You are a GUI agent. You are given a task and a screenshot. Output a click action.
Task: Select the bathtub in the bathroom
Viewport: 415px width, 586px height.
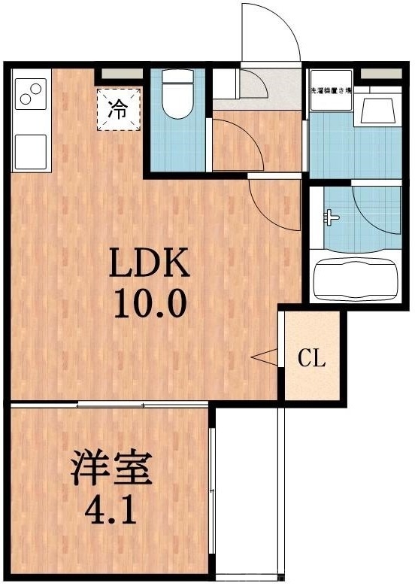pos(355,279)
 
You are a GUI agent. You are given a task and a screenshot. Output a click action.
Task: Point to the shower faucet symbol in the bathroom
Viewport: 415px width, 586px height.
pos(331,219)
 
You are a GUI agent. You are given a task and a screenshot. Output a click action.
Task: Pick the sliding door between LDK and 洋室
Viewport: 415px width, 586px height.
pos(113,405)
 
